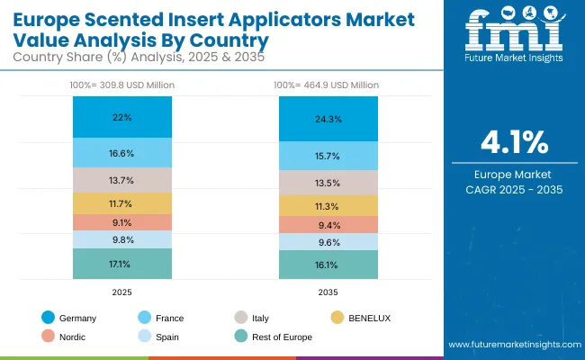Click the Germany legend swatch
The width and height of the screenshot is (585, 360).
(48, 318)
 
